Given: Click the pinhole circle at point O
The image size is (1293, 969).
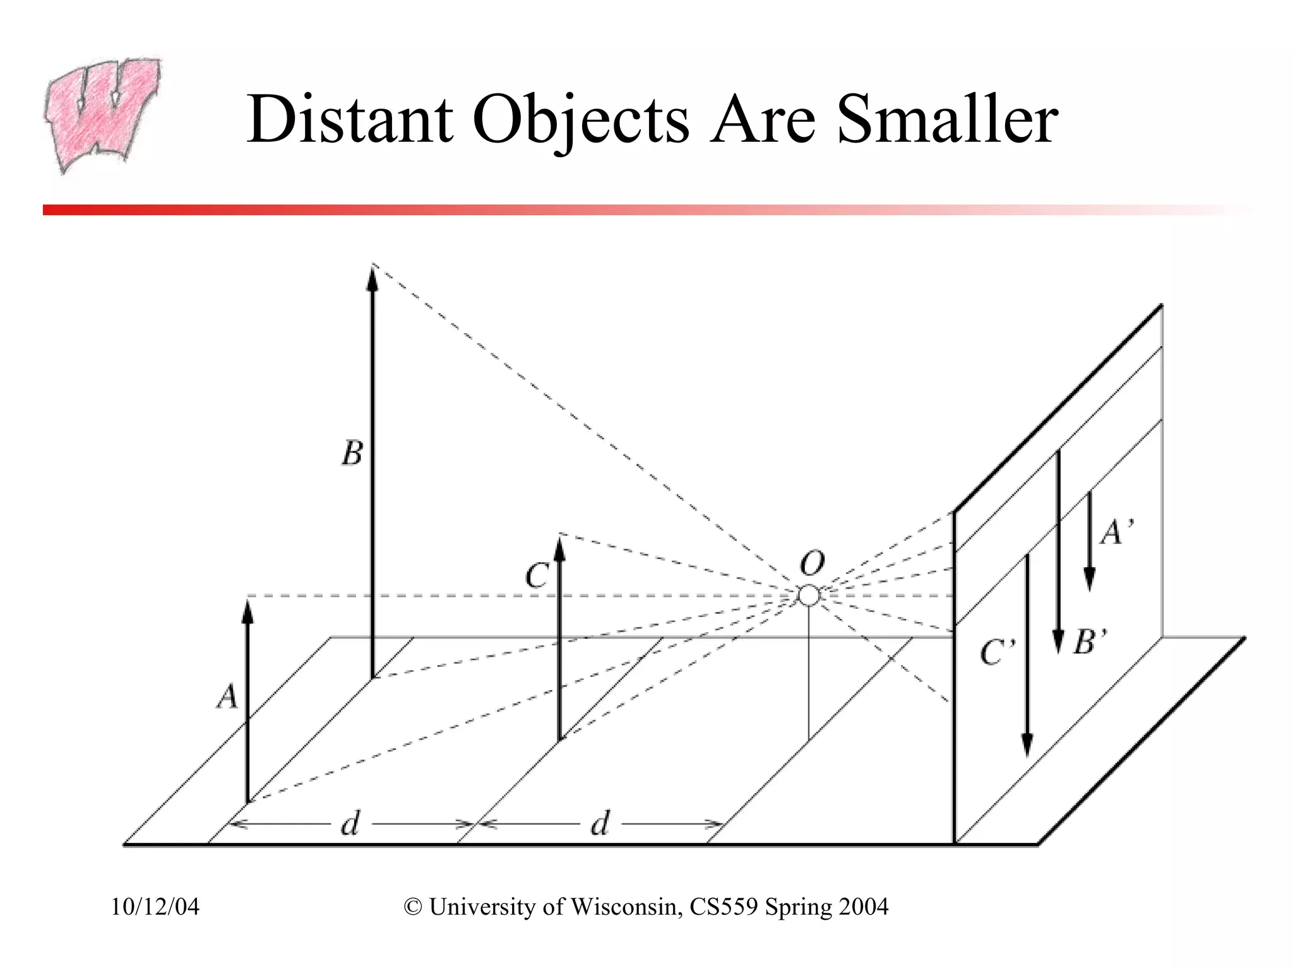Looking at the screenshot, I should [x=809, y=596].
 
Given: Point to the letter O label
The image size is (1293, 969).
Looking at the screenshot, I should [x=812, y=563].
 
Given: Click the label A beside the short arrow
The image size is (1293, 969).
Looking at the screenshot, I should [x=227, y=698].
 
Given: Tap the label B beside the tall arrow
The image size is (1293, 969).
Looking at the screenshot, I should [x=352, y=453].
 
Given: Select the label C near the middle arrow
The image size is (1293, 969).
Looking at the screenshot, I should [x=537, y=576].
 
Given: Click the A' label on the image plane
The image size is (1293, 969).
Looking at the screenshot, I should [x=1117, y=532].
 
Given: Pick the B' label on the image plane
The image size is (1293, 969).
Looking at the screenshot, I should [x=1090, y=642].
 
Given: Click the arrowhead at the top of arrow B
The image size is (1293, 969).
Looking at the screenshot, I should [x=372, y=278].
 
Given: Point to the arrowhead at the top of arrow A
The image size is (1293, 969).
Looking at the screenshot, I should [x=247, y=610].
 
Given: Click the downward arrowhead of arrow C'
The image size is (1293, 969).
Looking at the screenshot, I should [x=1028, y=746].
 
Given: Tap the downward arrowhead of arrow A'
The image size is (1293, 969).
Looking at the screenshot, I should [x=1089, y=578].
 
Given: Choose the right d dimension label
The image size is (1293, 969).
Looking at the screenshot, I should [x=599, y=823].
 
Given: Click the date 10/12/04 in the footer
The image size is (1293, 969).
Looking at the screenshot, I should [x=155, y=907].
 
